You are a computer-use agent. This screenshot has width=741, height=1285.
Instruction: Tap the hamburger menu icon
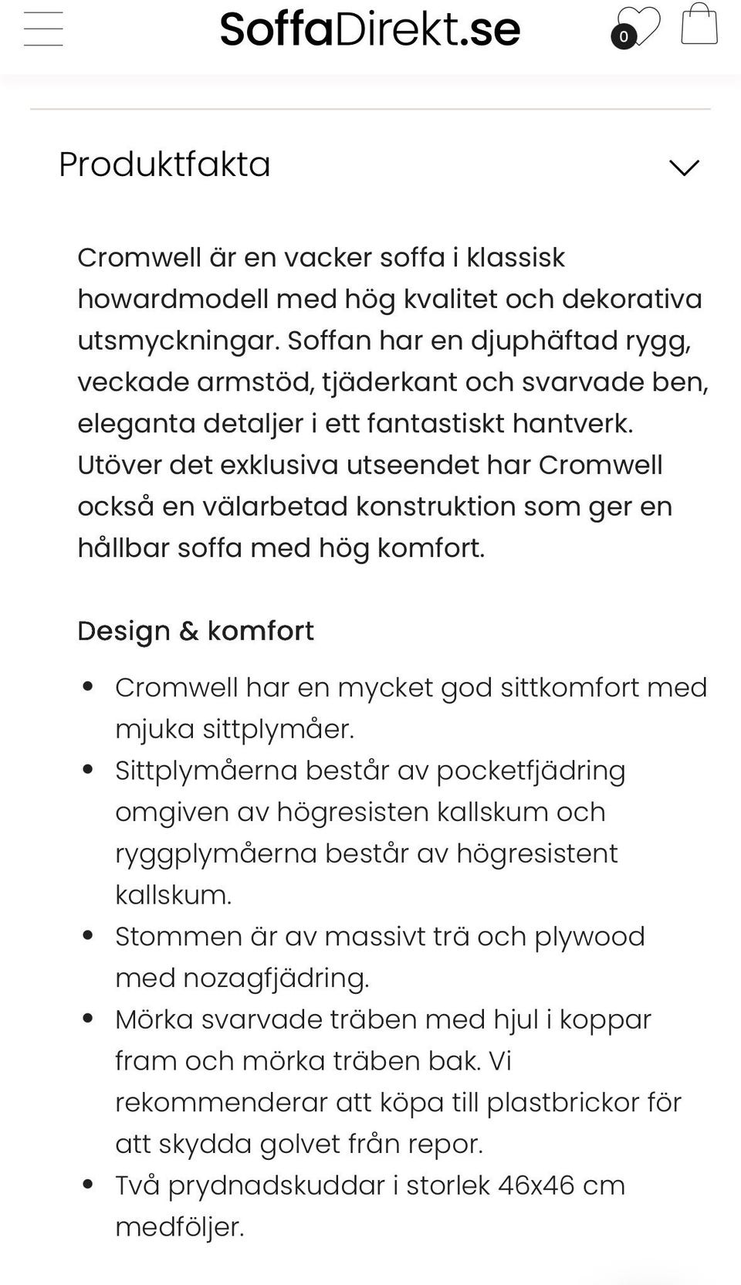tap(43, 29)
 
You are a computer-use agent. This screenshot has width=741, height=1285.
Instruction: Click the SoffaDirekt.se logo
tap(370, 29)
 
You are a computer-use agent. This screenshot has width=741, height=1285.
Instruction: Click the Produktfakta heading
tap(164, 164)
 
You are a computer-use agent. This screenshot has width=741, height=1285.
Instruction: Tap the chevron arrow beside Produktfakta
tap(684, 167)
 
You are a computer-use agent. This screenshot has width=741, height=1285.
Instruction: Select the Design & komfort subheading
tap(195, 631)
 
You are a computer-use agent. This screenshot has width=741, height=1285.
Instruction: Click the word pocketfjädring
tap(531, 771)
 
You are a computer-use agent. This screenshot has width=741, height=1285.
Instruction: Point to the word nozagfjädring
tap(276, 978)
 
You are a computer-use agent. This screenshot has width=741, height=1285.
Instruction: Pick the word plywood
tap(590, 937)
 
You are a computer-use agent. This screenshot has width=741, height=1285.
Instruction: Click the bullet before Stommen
tap(88, 936)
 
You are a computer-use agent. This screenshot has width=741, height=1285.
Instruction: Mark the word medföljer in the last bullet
tap(179, 1227)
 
